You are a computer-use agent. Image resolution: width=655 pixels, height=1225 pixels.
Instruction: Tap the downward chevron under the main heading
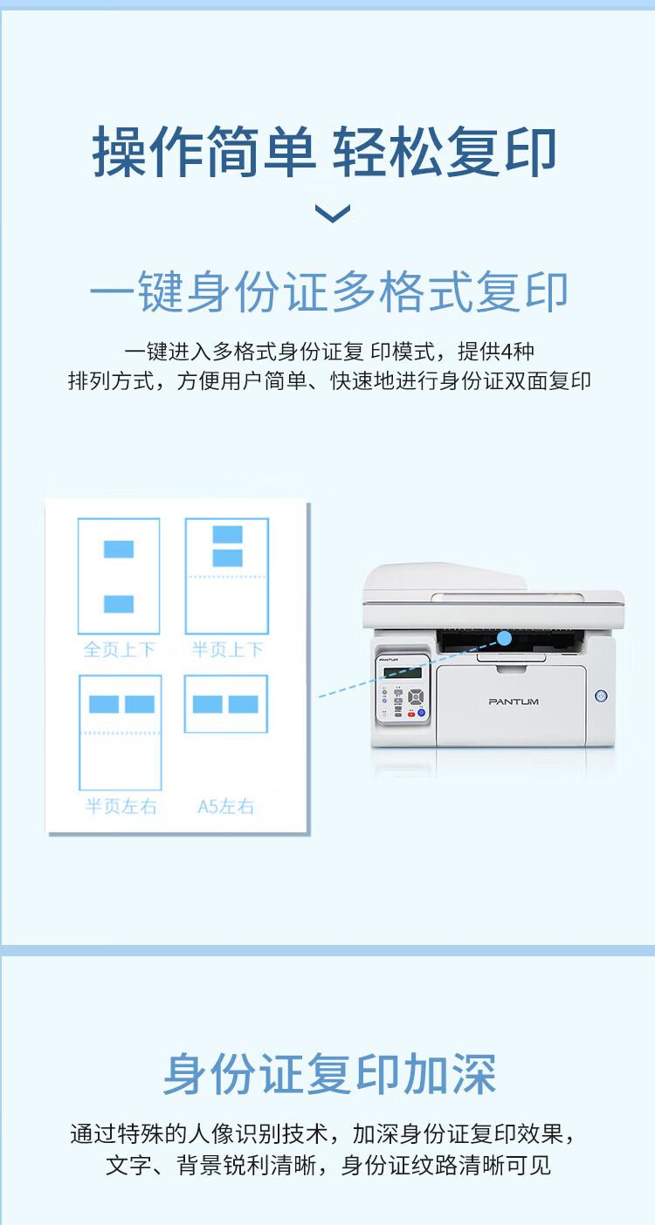(332, 213)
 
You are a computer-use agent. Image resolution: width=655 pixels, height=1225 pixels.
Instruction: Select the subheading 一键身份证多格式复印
(328, 292)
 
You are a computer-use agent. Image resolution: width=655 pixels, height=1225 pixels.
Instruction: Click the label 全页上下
(119, 650)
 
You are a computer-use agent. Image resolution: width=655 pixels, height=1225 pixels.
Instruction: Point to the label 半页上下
(227, 650)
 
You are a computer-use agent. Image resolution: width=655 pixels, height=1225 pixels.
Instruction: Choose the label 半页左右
(121, 807)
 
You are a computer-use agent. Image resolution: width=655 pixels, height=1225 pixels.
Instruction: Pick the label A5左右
(226, 807)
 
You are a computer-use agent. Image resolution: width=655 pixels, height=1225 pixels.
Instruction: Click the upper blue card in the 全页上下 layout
(119, 549)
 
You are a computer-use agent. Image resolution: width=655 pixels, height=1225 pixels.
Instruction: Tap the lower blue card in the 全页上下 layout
(119, 604)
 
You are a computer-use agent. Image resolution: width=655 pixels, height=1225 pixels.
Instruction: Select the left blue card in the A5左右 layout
(208, 704)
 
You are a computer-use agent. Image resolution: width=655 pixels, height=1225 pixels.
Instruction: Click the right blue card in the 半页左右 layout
(140, 704)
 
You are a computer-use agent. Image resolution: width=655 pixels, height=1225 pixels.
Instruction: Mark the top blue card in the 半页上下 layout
(227, 534)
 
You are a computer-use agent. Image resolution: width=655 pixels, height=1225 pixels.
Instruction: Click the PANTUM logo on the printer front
(514, 701)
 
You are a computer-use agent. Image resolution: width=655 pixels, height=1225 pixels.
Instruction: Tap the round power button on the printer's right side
(601, 695)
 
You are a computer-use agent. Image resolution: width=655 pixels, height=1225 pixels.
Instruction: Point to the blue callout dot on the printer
(505, 638)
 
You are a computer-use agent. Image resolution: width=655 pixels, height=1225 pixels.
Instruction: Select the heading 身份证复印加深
(329, 1074)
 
